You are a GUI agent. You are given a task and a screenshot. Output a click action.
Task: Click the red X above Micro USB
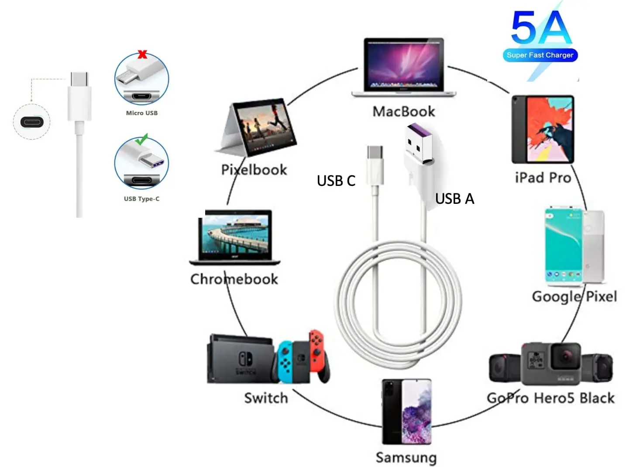142,54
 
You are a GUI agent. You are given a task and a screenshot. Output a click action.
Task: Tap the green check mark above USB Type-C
141,139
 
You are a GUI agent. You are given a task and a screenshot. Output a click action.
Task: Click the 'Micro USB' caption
142,113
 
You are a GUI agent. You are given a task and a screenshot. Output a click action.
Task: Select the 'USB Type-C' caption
141,199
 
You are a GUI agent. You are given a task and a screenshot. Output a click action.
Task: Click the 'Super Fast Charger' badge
540,55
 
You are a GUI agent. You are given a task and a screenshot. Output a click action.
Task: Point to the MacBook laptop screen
403,64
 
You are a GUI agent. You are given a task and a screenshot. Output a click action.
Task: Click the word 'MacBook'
404,111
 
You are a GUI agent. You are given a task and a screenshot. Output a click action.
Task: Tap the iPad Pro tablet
543,130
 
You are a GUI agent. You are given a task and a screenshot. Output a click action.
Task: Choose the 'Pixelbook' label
254,170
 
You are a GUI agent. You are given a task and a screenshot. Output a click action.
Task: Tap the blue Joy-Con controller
285,361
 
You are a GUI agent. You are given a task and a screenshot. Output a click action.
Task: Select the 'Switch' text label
266,398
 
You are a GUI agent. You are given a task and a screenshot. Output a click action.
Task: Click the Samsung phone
407,412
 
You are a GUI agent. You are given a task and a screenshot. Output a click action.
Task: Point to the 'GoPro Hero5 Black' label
551,398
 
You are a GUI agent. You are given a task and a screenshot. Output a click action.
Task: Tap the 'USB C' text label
336,180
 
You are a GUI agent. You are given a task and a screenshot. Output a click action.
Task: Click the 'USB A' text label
454,199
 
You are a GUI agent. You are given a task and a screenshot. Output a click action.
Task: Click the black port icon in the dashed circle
32,122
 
